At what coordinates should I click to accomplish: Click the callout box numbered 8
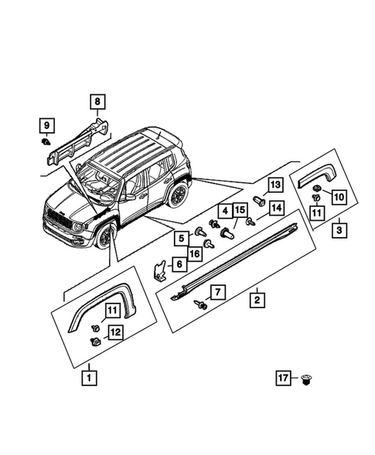pos(98,100)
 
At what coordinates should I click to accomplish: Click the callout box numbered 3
pos(339,229)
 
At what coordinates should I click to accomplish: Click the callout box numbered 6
pos(179,264)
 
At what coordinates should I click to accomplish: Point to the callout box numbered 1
pos(90,379)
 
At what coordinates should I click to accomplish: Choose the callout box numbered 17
pos(284,378)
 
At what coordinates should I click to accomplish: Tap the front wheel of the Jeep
pos(107,236)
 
